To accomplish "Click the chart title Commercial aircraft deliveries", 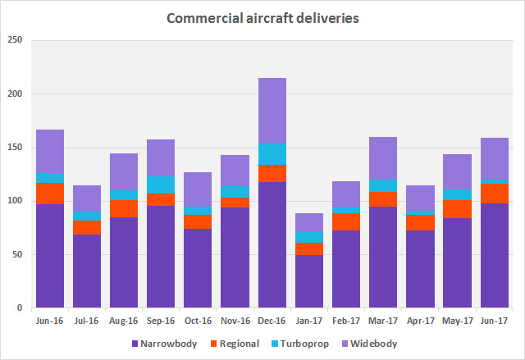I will pos(262,17).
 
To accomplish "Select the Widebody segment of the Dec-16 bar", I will pos(272,111).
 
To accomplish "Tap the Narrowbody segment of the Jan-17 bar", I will pos(309,281).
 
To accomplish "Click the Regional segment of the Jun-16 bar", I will pos(49,194).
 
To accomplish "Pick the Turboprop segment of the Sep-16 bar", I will pos(161,185).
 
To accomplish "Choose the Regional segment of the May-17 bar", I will pos(458,208).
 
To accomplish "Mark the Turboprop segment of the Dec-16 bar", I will pos(272,154).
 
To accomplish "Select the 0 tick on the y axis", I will pos(18,308).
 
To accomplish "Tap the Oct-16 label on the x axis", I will pos(198,320).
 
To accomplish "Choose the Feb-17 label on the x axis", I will pos(346,320).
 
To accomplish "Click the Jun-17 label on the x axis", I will pos(495,320).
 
